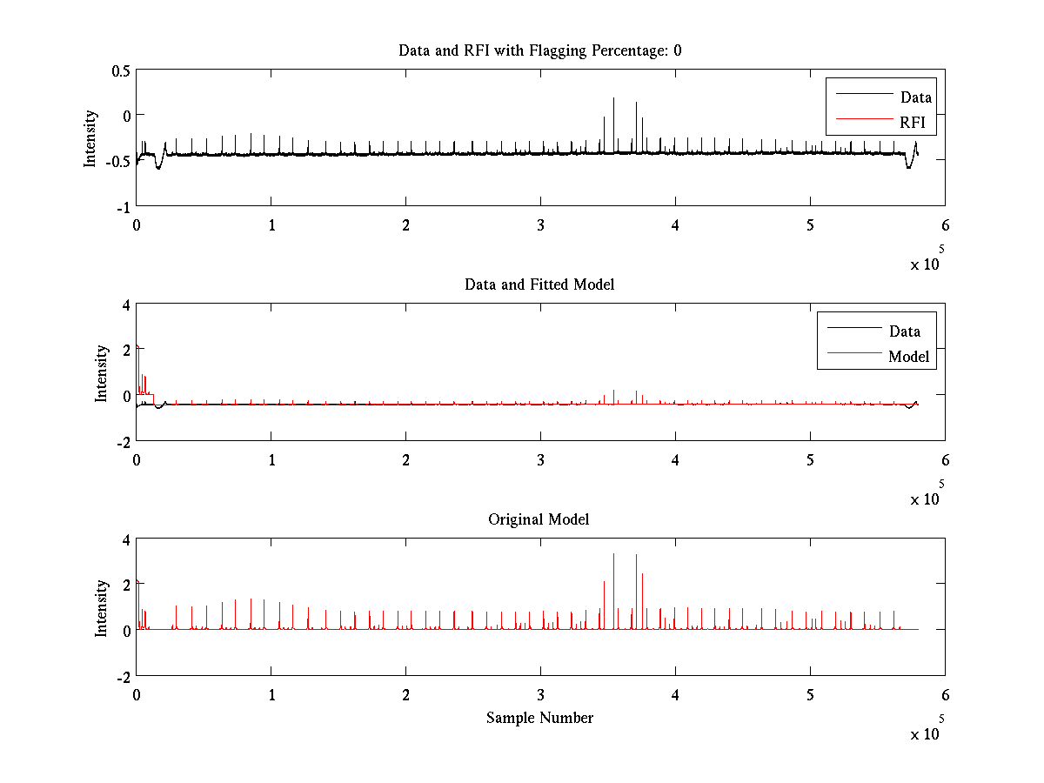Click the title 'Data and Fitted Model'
click(539, 284)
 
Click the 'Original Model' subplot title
click(539, 519)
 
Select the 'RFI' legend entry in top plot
click(917, 124)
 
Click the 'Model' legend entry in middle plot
click(908, 356)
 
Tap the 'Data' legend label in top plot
click(916, 97)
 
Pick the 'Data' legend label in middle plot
click(905, 331)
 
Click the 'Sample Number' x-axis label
click(539, 718)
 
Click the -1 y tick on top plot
click(123, 206)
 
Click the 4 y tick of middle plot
click(126, 305)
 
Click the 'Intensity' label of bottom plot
click(101, 607)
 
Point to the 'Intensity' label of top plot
click(90, 137)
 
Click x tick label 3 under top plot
click(541, 224)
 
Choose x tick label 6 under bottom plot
click(945, 694)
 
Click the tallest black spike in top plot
click(613, 100)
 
